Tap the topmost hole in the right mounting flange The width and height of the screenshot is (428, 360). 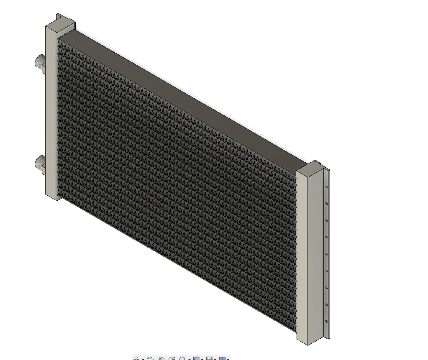click(326, 187)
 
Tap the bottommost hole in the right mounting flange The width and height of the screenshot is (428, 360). click(326, 322)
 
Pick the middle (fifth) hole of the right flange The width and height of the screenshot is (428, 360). click(326, 254)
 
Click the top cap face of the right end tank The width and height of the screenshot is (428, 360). click(310, 167)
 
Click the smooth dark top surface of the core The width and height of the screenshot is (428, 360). click(184, 92)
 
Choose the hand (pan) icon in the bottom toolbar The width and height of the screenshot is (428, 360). click(161, 358)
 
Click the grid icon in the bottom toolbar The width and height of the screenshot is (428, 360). click(210, 358)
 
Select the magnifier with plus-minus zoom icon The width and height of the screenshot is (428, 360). click(172, 358)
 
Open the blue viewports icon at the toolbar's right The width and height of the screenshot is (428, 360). click(223, 358)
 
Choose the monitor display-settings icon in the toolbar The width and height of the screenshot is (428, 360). click(196, 358)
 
